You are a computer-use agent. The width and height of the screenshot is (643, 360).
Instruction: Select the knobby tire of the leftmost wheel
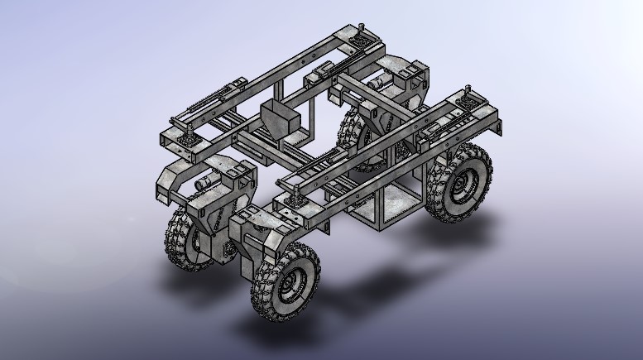(x=175, y=240)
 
